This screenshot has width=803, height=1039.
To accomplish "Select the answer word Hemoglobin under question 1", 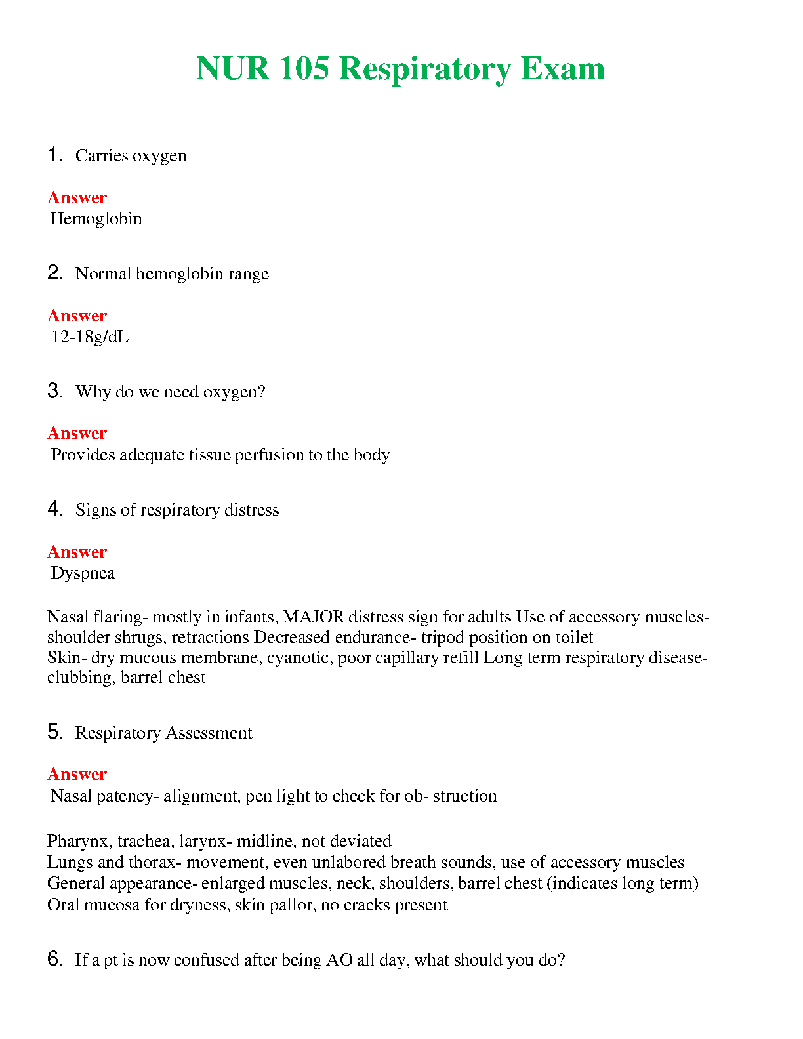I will tap(96, 218).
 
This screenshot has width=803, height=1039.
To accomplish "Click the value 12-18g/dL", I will tap(90, 337).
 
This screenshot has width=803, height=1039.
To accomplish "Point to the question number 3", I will tap(54, 391).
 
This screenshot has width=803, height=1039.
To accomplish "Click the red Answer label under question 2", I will tap(77, 316).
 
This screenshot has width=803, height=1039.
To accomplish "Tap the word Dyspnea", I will tap(83, 573).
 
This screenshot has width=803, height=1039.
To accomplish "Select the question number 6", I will tap(54, 959).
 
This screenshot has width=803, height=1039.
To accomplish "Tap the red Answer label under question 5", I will tap(77, 775).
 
